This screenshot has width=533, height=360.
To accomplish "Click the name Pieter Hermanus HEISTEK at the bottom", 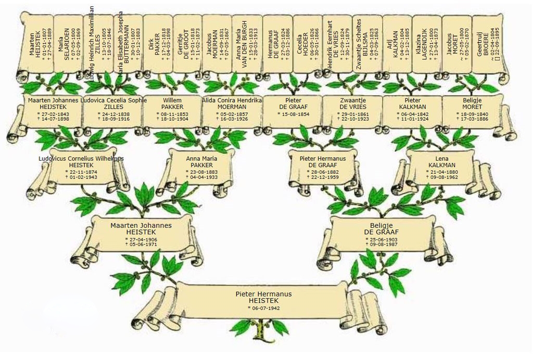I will point(263,297).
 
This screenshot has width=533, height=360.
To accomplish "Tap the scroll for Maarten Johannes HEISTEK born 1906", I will point(141,234).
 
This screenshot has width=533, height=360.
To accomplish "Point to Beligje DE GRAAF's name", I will point(382,228).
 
